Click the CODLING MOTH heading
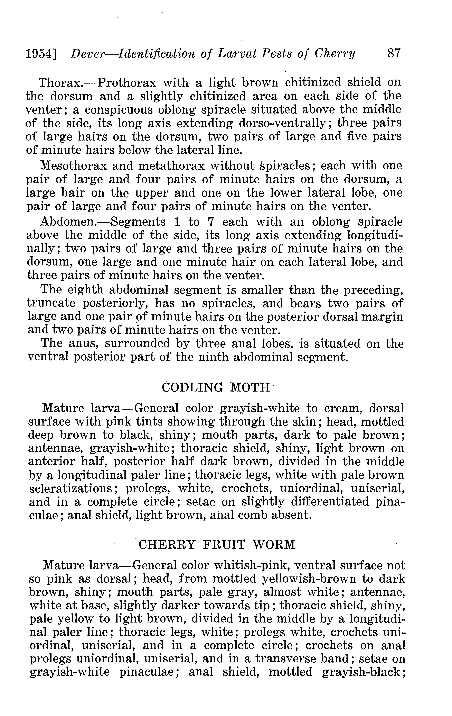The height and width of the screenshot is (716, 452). (216, 387)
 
